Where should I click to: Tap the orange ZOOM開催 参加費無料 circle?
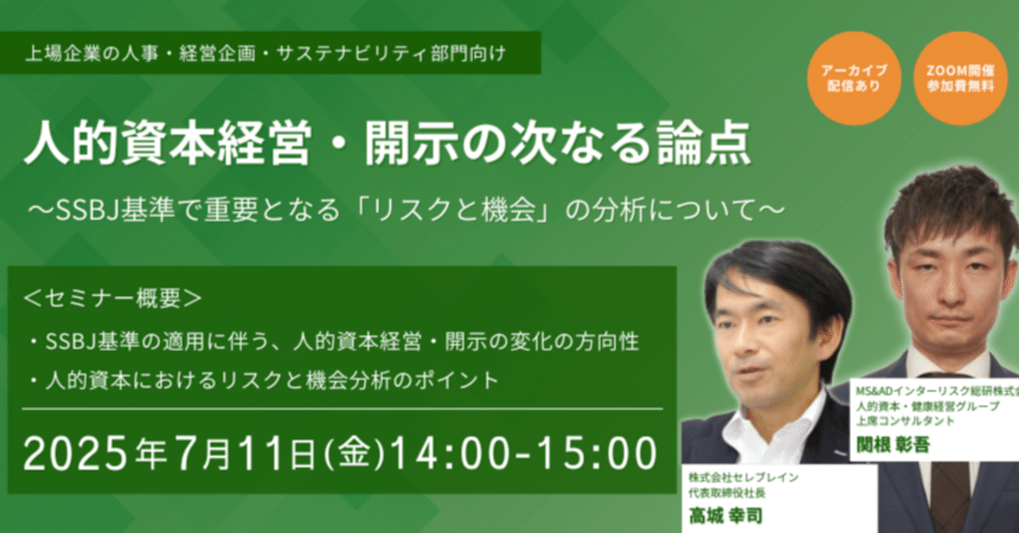coord(960,78)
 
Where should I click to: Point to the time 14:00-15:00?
coord(521,453)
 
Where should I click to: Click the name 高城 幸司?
coord(727,515)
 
